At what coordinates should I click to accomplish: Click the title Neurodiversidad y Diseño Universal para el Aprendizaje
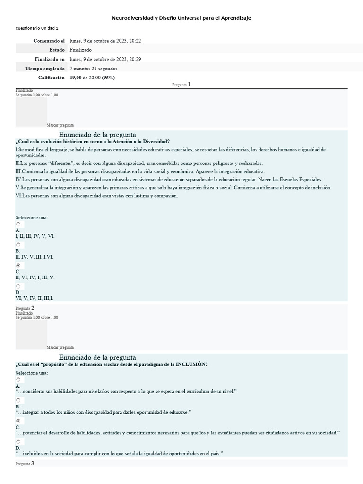point(181,18)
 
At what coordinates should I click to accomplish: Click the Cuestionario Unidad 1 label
point(37,28)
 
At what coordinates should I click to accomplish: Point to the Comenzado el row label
point(49,41)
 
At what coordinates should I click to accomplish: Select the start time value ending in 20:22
point(105,41)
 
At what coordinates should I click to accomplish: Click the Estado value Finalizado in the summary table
point(80,50)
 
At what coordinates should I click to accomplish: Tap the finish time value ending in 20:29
point(105,59)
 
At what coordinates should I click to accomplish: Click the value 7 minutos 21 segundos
point(93,69)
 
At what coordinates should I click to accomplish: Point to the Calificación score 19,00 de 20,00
point(92,78)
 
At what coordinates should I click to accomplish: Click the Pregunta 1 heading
point(181,84)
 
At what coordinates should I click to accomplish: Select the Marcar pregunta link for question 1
point(60,125)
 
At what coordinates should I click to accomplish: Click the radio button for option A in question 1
point(18,225)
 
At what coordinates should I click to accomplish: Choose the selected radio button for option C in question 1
point(18,266)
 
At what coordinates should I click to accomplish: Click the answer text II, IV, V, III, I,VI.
point(35,257)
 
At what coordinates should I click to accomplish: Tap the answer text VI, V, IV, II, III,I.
point(35,298)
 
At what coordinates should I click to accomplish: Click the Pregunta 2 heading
point(25,308)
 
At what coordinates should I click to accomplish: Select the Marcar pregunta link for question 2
point(60,347)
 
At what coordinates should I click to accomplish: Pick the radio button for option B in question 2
point(18,400)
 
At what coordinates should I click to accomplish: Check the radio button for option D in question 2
point(18,442)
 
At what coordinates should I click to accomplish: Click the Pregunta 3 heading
point(25,464)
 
